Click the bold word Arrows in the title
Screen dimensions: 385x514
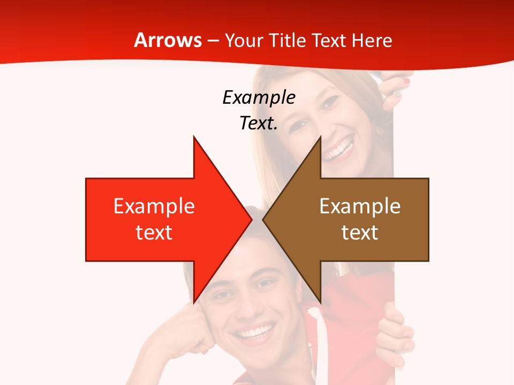[x=168, y=40]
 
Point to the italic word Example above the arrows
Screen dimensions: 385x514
[x=259, y=97]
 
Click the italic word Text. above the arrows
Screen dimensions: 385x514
[x=259, y=123]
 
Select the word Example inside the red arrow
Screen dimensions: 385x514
[x=154, y=206]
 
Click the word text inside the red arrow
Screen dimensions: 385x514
[x=154, y=232]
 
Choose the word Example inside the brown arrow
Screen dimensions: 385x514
[x=360, y=206]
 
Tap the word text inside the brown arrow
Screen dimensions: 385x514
[x=360, y=232]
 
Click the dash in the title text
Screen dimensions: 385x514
[x=213, y=41]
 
